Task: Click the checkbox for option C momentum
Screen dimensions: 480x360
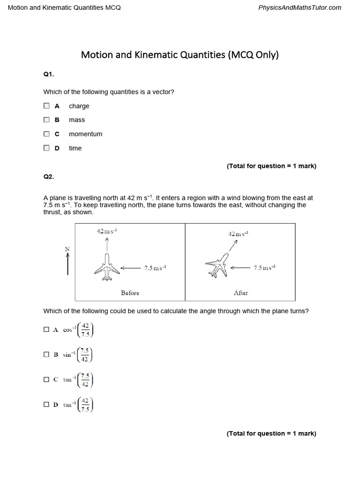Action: [x=46, y=134]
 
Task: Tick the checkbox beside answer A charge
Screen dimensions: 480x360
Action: [x=46, y=106]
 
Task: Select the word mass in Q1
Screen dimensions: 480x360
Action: [x=77, y=120]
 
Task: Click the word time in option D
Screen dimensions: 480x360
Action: [x=75, y=148]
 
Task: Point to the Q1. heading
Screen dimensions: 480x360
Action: [x=49, y=74]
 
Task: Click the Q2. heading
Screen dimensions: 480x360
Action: [x=49, y=177]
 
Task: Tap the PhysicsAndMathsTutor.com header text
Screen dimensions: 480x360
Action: [x=300, y=7]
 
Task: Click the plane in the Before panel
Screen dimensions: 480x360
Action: [x=107, y=268]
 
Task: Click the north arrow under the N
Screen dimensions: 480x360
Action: [x=68, y=263]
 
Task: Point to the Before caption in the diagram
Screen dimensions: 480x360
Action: [x=130, y=293]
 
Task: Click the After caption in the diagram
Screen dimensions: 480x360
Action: [x=240, y=293]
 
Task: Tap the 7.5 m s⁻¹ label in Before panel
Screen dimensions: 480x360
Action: [x=155, y=268]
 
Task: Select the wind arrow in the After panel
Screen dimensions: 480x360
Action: [x=240, y=268]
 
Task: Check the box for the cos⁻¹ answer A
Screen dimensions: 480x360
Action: [x=46, y=330]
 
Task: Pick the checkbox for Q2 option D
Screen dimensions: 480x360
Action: [x=46, y=404]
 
